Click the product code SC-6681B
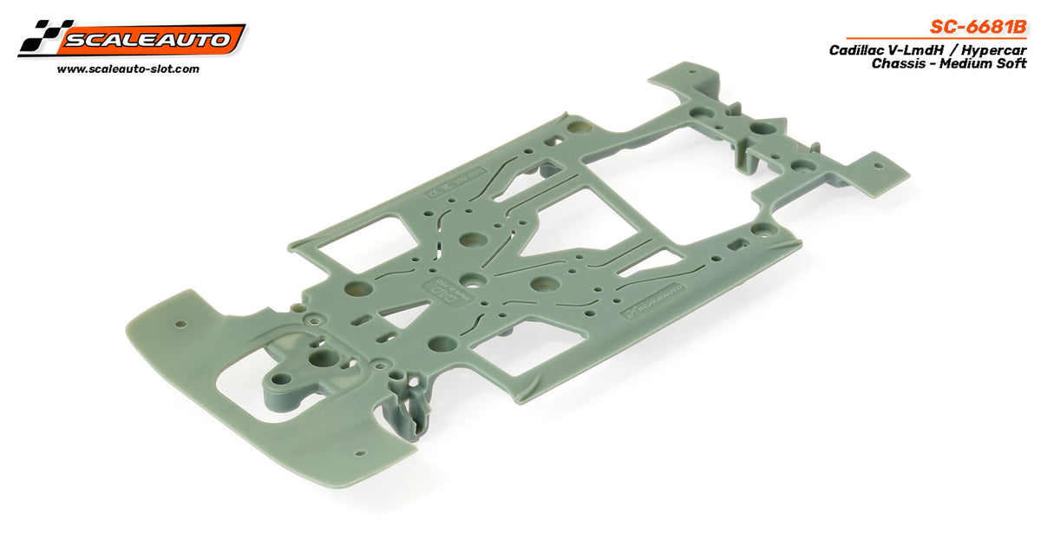tap(981, 27)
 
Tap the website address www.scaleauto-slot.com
tap(128, 69)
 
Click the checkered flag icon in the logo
tap(38, 38)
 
